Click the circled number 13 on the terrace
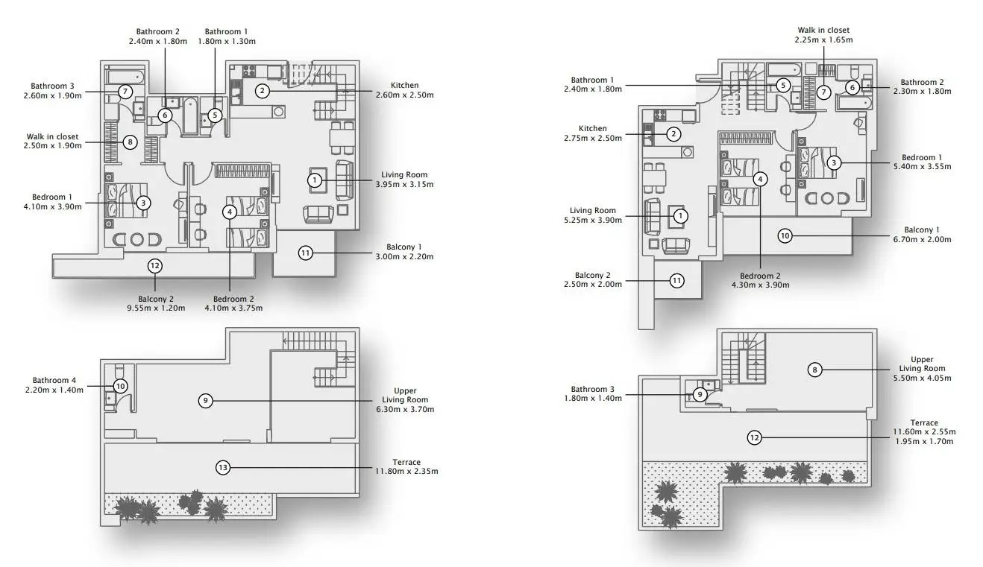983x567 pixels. pyautogui.click(x=223, y=468)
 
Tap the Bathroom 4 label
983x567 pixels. pyautogui.click(x=54, y=380)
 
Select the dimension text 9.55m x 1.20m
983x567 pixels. pyautogui.click(x=156, y=308)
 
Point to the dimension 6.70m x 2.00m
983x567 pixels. pyautogui.click(x=922, y=239)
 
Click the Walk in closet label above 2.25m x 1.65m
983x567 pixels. pyautogui.click(x=823, y=31)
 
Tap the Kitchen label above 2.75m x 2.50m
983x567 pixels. pyautogui.click(x=592, y=128)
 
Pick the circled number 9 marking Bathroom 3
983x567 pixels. pyautogui.click(x=700, y=395)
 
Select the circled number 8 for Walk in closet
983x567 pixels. pyautogui.click(x=130, y=142)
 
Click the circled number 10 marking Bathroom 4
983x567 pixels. pyautogui.click(x=120, y=386)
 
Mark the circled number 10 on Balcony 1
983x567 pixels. pyautogui.click(x=785, y=236)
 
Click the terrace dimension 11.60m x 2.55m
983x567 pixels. pyautogui.click(x=924, y=432)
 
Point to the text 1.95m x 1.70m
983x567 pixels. pyautogui.click(x=924, y=442)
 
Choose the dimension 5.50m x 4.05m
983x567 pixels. pyautogui.click(x=922, y=378)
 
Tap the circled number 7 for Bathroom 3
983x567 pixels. pyautogui.click(x=125, y=92)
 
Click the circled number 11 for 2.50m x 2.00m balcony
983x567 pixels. pyautogui.click(x=676, y=281)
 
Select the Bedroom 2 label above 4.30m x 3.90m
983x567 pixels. pyautogui.click(x=760, y=276)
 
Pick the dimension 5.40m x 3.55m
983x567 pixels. pyautogui.click(x=922, y=167)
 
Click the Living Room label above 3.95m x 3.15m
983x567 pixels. pyautogui.click(x=404, y=174)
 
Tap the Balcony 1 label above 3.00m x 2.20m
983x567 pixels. pyautogui.click(x=403, y=247)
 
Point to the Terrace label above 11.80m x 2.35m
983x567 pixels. pyautogui.click(x=406, y=462)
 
